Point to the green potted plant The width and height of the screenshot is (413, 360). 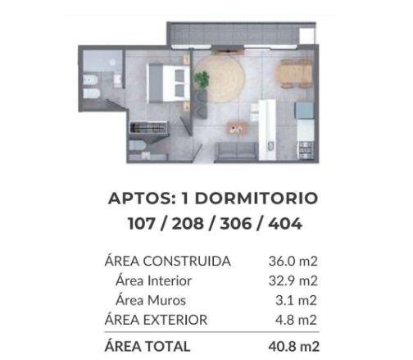pos(201,80)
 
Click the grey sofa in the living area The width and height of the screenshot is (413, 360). pos(235,151)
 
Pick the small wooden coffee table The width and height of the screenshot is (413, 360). pos(236,127)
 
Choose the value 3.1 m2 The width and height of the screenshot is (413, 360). pos(298,300)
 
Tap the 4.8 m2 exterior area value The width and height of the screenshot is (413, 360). pos(297,320)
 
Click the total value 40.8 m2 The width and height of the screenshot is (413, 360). pos(293,346)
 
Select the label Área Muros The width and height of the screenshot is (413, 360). pos(151,300)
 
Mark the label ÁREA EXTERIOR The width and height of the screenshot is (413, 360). pos(156,320)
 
